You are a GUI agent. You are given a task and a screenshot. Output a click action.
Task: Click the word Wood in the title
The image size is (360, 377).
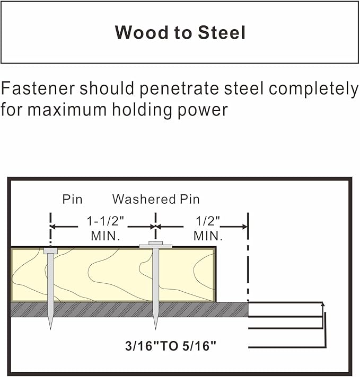(x=142, y=32)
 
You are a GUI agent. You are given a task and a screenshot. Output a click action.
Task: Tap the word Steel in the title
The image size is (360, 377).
(x=222, y=32)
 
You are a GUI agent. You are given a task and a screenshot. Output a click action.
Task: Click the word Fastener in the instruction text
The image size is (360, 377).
(x=38, y=88)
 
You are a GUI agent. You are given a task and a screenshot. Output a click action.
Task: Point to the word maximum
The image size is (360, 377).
(x=67, y=110)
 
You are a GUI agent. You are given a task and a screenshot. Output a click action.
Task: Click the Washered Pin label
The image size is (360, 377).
(x=156, y=199)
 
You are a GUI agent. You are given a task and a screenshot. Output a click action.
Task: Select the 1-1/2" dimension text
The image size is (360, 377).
(x=105, y=221)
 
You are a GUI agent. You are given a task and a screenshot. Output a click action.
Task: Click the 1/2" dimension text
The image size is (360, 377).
(x=208, y=221)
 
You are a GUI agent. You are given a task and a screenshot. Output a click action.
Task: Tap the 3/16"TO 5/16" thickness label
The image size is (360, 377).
(x=171, y=346)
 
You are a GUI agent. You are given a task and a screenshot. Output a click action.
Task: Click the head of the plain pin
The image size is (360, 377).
(x=50, y=251)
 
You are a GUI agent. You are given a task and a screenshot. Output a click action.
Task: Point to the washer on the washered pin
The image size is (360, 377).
(x=155, y=246)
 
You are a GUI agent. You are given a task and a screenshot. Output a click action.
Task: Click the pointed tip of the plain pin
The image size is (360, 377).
(x=50, y=329)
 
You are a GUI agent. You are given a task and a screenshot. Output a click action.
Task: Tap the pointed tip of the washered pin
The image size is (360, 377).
(x=155, y=329)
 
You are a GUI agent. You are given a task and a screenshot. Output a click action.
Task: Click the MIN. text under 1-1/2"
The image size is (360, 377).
(x=106, y=236)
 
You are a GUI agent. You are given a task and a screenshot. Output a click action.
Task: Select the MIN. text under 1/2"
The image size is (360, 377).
(x=208, y=236)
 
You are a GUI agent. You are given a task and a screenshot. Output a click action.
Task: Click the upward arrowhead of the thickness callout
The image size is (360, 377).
(x=323, y=304)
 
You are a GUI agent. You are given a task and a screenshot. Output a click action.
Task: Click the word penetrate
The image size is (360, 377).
(x=179, y=89)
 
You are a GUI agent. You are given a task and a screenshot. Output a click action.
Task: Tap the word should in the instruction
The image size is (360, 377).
(x=107, y=88)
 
